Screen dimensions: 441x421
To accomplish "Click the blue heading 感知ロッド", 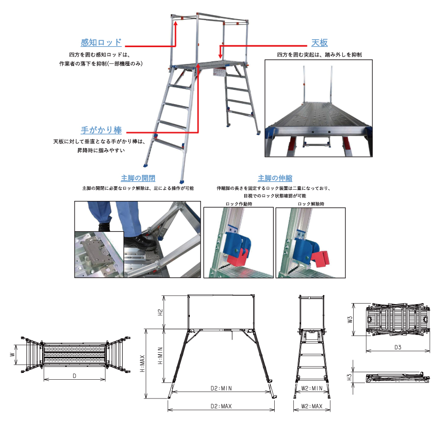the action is pyautogui.click(x=101, y=43).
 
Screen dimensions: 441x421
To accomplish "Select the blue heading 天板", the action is pyautogui.click(x=319, y=43).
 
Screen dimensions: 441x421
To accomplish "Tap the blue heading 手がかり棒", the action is pyautogui.click(x=101, y=130).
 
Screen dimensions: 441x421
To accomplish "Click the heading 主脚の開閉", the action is pyautogui.click(x=138, y=178).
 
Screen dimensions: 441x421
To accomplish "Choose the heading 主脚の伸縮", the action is pyautogui.click(x=275, y=178).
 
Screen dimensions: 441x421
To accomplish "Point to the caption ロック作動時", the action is pyautogui.click(x=239, y=204).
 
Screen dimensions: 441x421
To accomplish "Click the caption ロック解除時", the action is pyautogui.click(x=311, y=204).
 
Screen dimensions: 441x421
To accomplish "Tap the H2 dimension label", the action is pyautogui.click(x=160, y=312).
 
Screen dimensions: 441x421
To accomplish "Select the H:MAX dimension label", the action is pyautogui.click(x=142, y=364).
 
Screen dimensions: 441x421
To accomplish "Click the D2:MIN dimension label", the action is pyautogui.click(x=221, y=389).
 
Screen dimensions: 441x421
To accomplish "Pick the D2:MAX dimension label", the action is pyautogui.click(x=221, y=406).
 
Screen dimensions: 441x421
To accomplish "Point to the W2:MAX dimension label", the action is pyautogui.click(x=311, y=406).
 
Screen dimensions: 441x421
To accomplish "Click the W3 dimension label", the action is pyautogui.click(x=350, y=319).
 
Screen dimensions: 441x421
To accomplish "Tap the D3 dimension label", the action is pyautogui.click(x=398, y=347).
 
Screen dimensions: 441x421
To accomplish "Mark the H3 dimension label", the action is pyautogui.click(x=350, y=377).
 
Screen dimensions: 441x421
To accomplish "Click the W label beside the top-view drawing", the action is pyautogui.click(x=13, y=354).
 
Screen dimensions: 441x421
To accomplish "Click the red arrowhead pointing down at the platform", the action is pyautogui.click(x=221, y=56).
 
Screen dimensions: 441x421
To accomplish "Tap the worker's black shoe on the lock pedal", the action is pyautogui.click(x=140, y=243).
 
